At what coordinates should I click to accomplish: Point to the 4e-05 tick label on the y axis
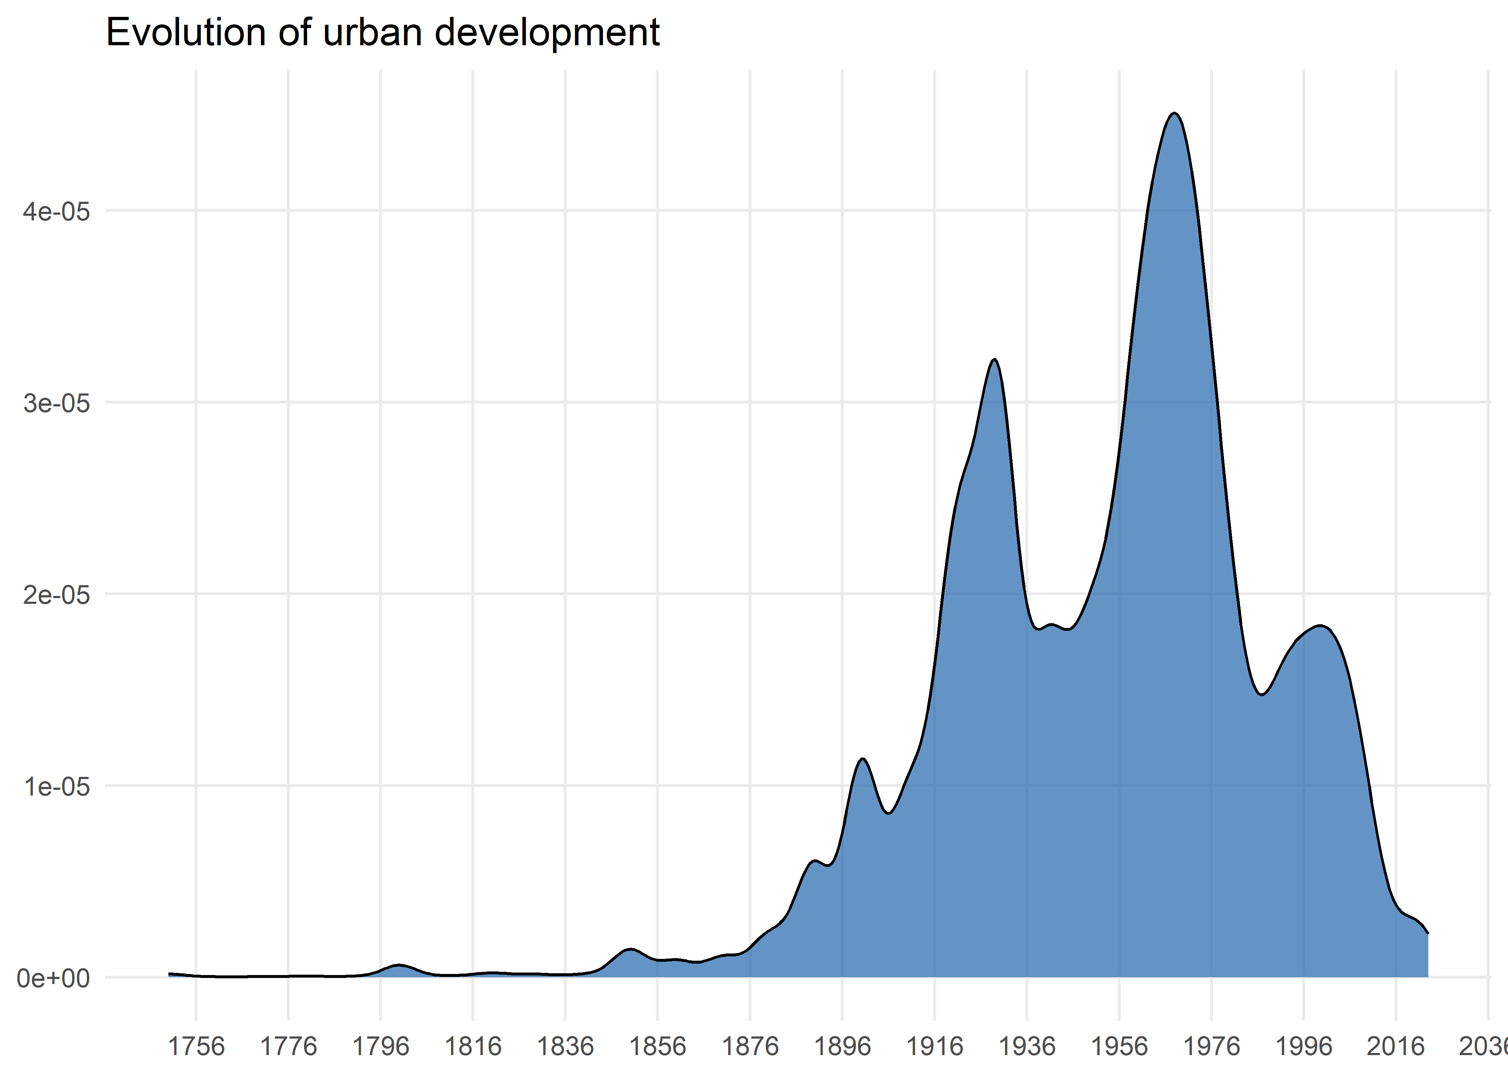[56, 212]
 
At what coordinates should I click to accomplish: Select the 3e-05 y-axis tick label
[56, 403]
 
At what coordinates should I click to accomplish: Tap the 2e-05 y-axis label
[56, 595]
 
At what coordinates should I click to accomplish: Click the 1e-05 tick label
[56, 787]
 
